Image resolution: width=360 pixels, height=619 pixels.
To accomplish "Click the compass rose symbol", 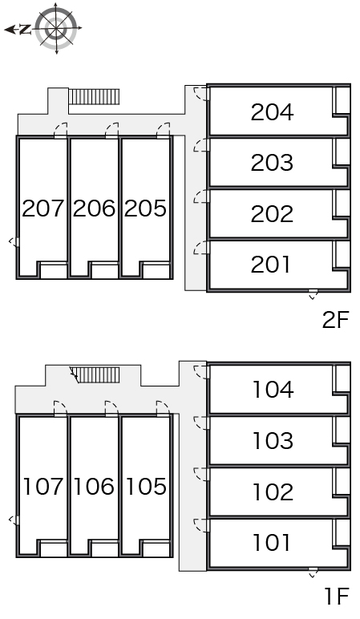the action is (56, 28).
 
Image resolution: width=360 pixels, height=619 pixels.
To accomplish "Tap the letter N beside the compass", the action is (26, 29).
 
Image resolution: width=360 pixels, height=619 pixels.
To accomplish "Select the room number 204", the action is (272, 112).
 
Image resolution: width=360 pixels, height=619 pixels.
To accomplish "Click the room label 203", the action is (272, 163).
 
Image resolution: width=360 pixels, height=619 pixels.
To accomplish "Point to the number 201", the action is (270, 265).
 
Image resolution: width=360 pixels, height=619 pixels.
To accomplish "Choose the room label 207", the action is (42, 208).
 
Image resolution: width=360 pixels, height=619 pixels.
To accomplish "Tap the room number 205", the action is (145, 208).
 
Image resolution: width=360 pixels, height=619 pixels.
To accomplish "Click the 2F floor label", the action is (335, 320).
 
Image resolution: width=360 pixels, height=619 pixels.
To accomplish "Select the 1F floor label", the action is (337, 596).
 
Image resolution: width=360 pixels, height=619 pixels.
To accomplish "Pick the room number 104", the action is (273, 390).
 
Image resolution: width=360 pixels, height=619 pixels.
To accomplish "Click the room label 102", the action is (273, 492).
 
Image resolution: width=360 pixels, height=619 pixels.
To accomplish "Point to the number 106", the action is (94, 486).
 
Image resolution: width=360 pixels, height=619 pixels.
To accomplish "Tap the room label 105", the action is (146, 486).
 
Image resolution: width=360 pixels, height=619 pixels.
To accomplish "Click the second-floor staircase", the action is (94, 97).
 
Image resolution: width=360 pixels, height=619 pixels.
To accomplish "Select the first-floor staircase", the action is (97, 375).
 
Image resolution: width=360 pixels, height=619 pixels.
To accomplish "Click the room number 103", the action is (273, 440).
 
